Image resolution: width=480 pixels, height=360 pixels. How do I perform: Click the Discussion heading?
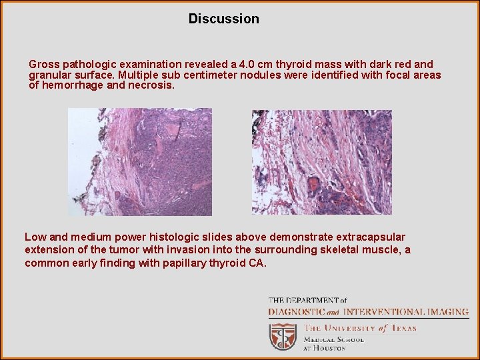pyautogui.click(x=223, y=19)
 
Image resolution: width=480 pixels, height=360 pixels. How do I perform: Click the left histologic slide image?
pyautogui.click(x=140, y=162)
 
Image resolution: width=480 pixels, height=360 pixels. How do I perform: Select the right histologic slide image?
pyautogui.click(x=321, y=162)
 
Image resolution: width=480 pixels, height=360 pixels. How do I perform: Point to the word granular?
pyautogui.click(x=50, y=75)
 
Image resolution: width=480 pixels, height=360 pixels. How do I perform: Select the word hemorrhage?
pyautogui.click(x=72, y=85)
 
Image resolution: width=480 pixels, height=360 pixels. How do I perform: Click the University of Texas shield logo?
pyautogui.click(x=283, y=337)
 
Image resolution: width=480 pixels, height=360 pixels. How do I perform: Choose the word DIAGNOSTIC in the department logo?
pyautogui.click(x=296, y=311)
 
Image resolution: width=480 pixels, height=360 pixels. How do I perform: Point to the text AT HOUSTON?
pyautogui.click(x=325, y=348)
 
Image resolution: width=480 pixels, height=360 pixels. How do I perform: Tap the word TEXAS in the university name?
pyautogui.click(x=403, y=328)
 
